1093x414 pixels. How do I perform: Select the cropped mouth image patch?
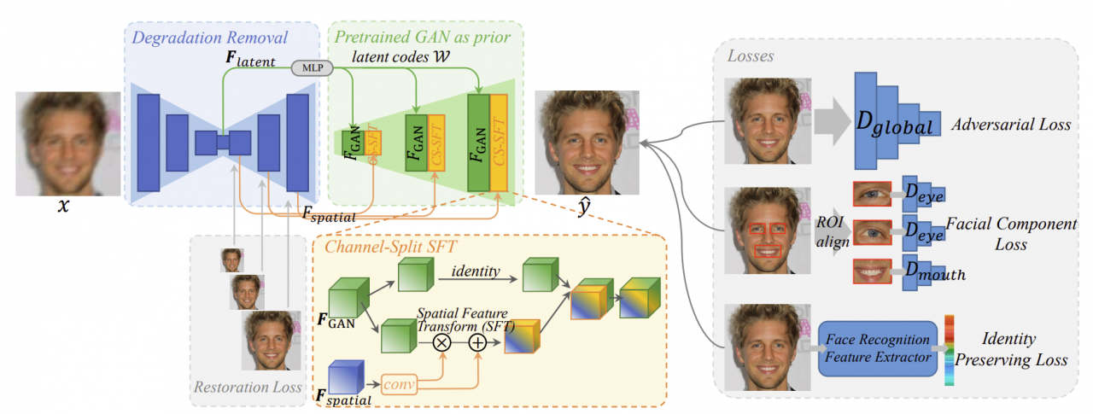[872, 271]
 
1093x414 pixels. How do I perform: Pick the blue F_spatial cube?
[346, 376]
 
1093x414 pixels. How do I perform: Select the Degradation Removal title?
[209, 37]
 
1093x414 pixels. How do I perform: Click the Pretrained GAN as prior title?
[423, 37]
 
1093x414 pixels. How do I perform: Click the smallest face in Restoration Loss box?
[232, 259]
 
